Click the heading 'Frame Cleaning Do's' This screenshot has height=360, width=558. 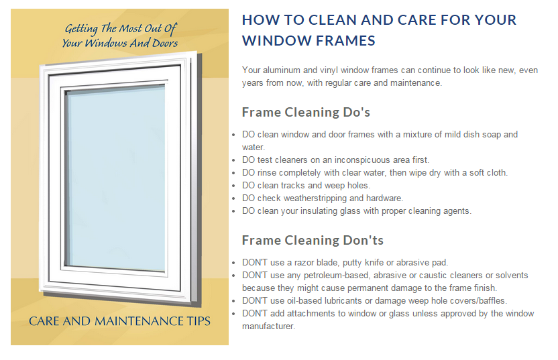(306, 112)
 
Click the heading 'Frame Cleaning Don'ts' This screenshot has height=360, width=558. (313, 240)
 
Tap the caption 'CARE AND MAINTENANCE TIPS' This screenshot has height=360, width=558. (119, 321)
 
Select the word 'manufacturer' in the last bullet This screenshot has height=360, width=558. (268, 326)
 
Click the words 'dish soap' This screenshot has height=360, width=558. (469, 134)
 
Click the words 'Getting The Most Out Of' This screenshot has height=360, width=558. (120, 29)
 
